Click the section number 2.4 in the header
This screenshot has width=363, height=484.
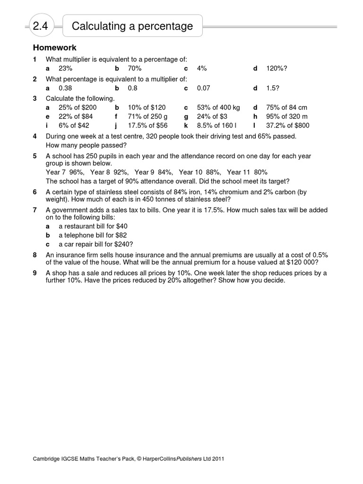(41, 26)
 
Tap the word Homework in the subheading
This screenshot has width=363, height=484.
(54, 48)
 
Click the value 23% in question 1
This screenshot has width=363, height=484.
(66, 69)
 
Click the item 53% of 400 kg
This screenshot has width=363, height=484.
(218, 108)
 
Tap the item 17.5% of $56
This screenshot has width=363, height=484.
(147, 126)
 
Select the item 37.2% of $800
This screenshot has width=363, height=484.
(287, 126)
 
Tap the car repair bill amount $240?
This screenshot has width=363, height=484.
(124, 244)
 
